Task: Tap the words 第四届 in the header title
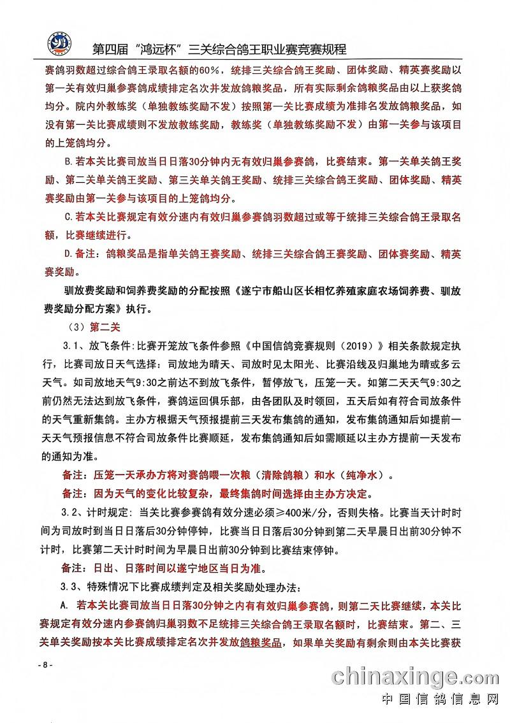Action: pyautogui.click(x=109, y=49)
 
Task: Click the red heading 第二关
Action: pyautogui.click(x=100, y=328)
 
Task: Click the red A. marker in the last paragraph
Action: pyautogui.click(x=64, y=604)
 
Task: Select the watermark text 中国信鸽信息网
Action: pyautogui.click(x=440, y=699)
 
